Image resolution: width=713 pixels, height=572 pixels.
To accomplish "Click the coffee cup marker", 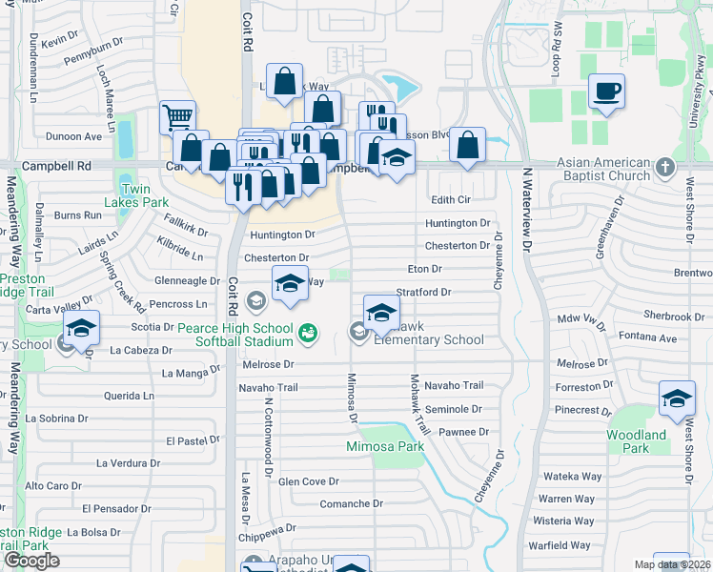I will pyautogui.click(x=606, y=92).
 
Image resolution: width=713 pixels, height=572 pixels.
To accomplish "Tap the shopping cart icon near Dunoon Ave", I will pyautogui.click(x=177, y=118).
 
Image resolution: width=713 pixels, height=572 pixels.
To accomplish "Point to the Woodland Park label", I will pyautogui.click(x=636, y=441).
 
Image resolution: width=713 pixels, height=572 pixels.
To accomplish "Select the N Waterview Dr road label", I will pyautogui.click(x=525, y=211).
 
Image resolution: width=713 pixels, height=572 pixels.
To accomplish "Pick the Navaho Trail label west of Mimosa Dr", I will pyautogui.click(x=268, y=387).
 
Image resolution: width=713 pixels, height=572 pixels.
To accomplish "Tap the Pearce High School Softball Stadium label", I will pyautogui.click(x=234, y=334).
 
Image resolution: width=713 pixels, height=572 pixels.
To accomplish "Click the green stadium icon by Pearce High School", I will pyautogui.click(x=308, y=333).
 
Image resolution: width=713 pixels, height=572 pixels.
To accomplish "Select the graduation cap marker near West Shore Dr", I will pyautogui.click(x=677, y=398).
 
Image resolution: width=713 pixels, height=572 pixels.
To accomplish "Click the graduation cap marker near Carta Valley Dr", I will pyautogui.click(x=82, y=329).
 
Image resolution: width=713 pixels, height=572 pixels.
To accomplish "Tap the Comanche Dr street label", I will pyautogui.click(x=351, y=503).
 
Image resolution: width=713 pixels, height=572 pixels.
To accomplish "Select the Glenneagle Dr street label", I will pyautogui.click(x=188, y=281).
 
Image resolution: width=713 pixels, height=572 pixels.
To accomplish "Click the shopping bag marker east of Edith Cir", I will pyautogui.click(x=467, y=146).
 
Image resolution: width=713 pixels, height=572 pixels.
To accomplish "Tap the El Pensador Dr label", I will pyautogui.click(x=115, y=508).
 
